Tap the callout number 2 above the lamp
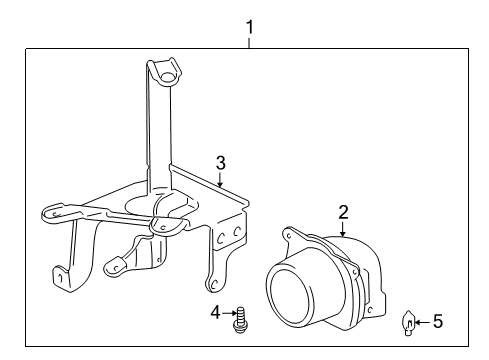343,212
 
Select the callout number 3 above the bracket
221,162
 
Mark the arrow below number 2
343,228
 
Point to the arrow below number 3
221,180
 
